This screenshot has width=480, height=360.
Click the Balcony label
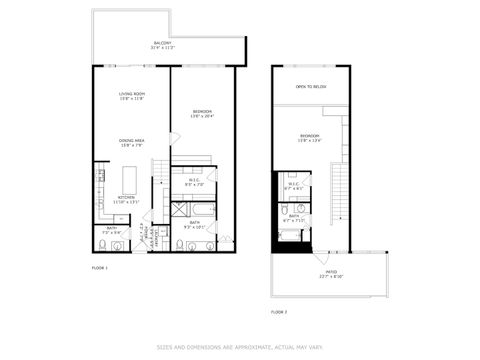click(162, 46)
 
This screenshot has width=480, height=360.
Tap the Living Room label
click(132, 96)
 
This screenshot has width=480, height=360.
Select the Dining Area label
click(132, 143)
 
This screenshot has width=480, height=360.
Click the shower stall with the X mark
click(181, 212)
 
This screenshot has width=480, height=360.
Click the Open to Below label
click(310, 87)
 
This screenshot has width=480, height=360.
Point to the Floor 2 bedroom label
click(310, 138)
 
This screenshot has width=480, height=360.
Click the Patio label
click(330, 274)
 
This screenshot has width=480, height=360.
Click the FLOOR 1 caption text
click(100, 268)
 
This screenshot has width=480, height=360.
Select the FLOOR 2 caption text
click(279, 312)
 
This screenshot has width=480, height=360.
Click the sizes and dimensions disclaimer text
click(239, 348)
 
